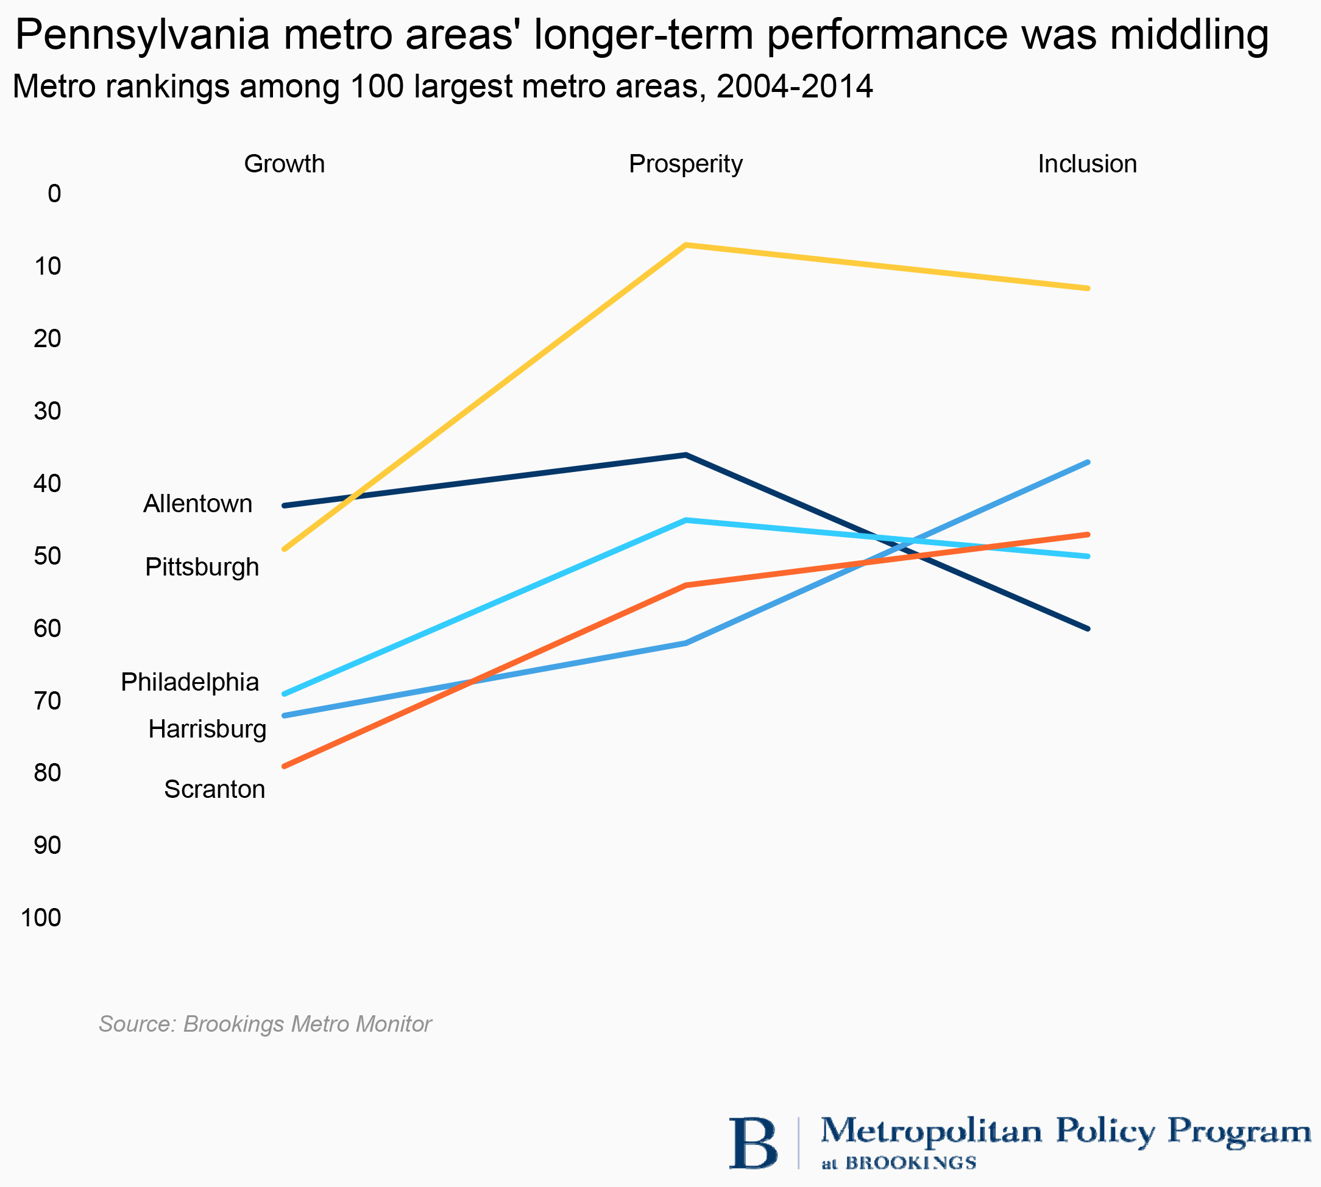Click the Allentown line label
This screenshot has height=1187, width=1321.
click(197, 504)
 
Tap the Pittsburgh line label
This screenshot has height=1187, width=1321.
click(202, 567)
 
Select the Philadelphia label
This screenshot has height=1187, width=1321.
click(190, 682)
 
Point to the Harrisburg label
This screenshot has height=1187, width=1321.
click(207, 728)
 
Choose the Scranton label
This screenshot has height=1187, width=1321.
click(214, 789)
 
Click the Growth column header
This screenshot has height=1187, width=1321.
click(285, 164)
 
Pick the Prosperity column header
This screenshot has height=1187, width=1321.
click(685, 164)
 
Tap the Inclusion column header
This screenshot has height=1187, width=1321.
click(1088, 164)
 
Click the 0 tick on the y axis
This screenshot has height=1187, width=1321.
click(54, 194)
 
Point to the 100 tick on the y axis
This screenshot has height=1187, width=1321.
click(41, 918)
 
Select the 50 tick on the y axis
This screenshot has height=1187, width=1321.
click(47, 555)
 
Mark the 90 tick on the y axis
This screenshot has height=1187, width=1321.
click(47, 845)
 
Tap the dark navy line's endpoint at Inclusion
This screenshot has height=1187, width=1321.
click(1088, 629)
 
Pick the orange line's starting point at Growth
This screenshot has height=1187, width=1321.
click(284, 766)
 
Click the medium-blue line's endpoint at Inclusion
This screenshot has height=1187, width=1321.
click(1088, 462)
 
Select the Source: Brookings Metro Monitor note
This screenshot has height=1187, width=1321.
click(265, 1024)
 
